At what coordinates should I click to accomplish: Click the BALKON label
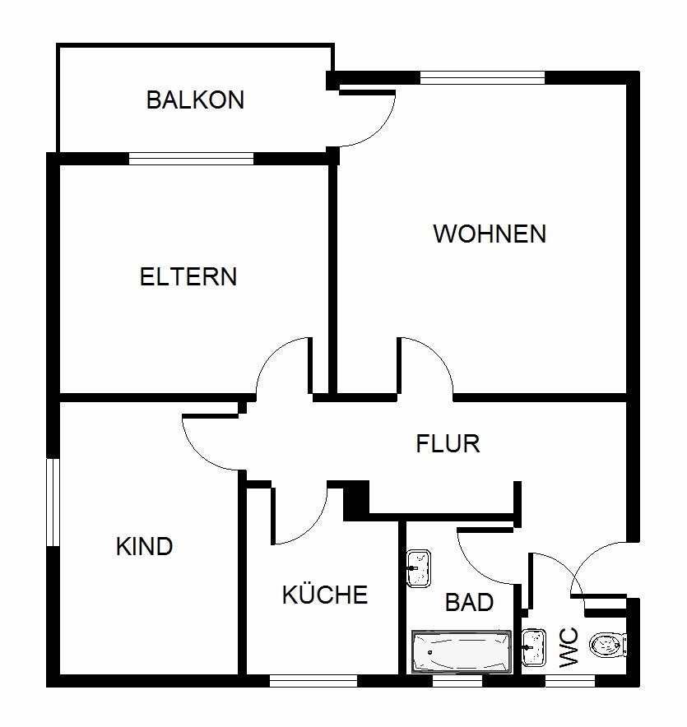click(x=195, y=100)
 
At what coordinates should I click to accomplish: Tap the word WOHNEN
click(x=490, y=234)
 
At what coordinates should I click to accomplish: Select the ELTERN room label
click(x=188, y=276)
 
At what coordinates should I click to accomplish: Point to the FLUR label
click(x=448, y=444)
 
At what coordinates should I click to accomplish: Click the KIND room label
click(x=144, y=546)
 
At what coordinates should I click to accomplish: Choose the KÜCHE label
click(x=325, y=595)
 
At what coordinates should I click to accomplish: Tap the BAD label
click(x=469, y=602)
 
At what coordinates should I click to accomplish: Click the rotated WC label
click(x=569, y=647)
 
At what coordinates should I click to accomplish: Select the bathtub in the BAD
click(x=461, y=652)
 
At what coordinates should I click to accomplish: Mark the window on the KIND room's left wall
click(x=53, y=502)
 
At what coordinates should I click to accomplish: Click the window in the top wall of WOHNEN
click(x=482, y=78)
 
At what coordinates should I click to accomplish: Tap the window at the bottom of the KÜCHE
click(x=313, y=680)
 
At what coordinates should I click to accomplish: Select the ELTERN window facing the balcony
click(x=191, y=159)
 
